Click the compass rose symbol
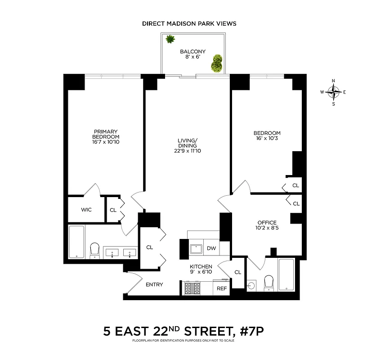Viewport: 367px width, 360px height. pos(333,92)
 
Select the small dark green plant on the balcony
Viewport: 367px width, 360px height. pos(170,40)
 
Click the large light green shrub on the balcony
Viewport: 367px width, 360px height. pos(217,63)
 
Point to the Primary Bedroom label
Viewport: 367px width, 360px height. pos(106,136)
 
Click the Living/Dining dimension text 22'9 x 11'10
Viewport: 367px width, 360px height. pos(188,151)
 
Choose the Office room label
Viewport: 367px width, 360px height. pos(266,222)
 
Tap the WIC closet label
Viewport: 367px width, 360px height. pos(86,210)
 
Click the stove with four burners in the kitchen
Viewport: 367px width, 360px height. pos(193,288)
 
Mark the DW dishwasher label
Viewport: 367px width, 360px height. pos(211,248)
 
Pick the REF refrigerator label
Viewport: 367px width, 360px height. pos(222,288)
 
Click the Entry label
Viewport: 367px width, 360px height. pos(154,284)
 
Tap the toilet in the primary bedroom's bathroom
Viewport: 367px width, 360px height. pos(94,250)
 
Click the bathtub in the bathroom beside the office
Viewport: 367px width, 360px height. pos(286,274)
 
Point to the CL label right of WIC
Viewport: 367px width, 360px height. pos(113,210)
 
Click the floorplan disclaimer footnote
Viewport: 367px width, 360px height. pos(183,340)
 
